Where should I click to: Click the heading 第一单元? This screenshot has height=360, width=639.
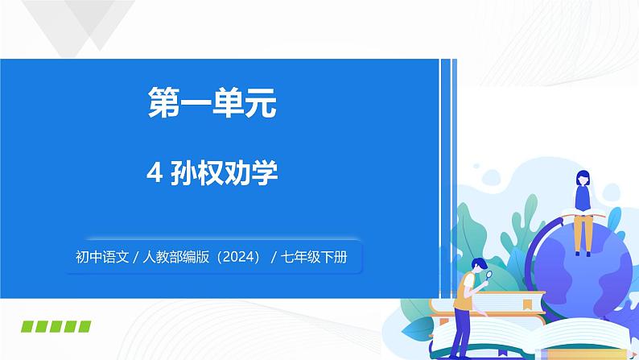point(212,105)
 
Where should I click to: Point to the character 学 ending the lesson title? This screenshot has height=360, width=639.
point(266,173)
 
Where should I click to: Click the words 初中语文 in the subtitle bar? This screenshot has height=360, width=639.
point(101,259)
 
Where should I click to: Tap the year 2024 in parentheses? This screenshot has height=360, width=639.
point(235,259)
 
